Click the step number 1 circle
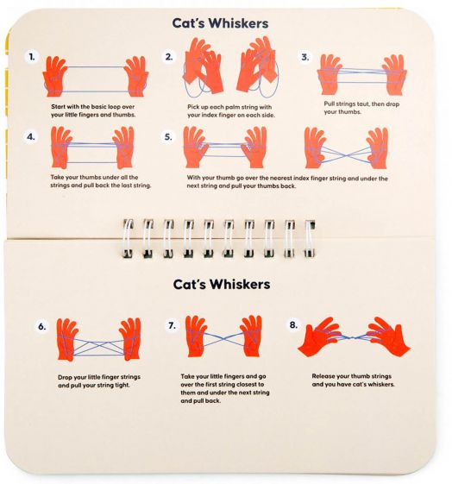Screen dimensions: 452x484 pos(31,57)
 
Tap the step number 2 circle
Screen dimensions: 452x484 pos(168,57)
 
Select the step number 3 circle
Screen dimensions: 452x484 pos(304,57)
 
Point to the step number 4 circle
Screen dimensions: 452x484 pos(31,136)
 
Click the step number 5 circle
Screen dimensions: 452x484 pos(168,136)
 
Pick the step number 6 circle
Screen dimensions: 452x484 pos(42,326)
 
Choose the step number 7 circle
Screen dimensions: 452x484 pos(173,325)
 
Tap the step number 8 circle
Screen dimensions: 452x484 pos(293,324)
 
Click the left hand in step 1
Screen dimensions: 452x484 pos(54,76)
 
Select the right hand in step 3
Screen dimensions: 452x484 pos(394,75)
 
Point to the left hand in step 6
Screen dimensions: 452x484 pos(67,340)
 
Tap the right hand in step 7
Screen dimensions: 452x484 pos(251,336)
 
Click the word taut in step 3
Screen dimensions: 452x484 pos(363,104)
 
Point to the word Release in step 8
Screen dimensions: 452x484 pos(323,376)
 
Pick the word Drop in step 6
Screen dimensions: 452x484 pos(65,377)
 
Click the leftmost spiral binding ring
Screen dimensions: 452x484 pos(128,238)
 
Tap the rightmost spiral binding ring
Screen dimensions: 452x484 pos(310,238)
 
